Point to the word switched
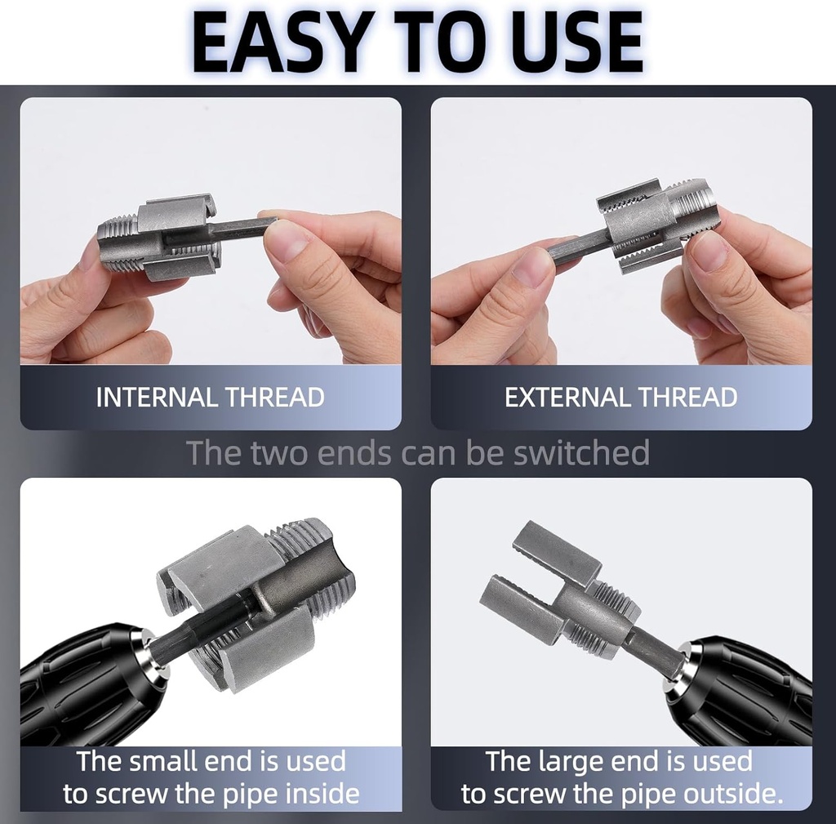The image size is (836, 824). (581, 452)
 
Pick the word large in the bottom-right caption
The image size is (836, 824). (571, 761)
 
